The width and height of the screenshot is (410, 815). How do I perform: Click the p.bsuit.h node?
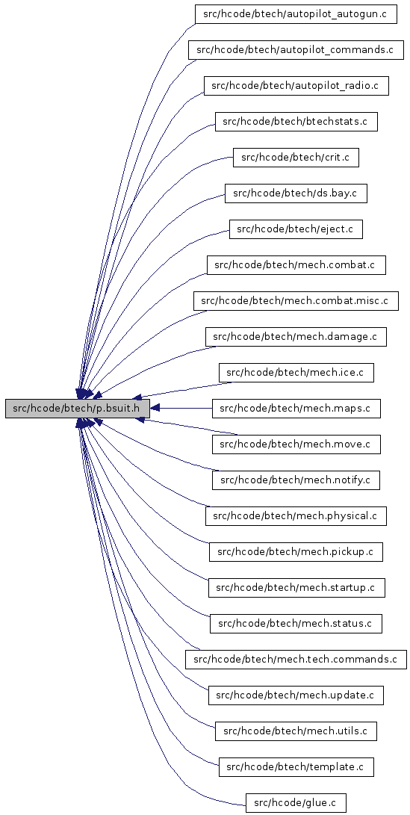78,409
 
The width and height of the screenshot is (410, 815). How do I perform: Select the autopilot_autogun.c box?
296,14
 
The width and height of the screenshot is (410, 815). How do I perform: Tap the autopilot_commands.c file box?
296,50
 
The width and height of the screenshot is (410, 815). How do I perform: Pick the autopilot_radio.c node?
296,86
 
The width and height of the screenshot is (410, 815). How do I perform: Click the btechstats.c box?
296,122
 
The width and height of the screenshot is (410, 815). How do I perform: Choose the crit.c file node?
296,158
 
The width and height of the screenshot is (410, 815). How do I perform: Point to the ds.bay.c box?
296,193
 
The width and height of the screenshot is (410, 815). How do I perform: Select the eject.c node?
296,229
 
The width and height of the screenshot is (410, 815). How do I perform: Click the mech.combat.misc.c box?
296,301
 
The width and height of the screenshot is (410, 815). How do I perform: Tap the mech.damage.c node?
296,337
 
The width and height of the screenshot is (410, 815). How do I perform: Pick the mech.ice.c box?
296,373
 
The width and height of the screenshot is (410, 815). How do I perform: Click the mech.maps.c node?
296,409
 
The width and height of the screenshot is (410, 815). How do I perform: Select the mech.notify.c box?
296,480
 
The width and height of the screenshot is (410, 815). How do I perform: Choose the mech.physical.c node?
296,516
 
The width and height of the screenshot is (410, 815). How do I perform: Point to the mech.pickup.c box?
296,552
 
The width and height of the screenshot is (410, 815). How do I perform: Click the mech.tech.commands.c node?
296,660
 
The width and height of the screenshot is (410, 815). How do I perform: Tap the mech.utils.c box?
296,731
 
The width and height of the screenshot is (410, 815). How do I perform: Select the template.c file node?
296,767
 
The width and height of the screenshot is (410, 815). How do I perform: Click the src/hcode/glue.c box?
296,803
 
